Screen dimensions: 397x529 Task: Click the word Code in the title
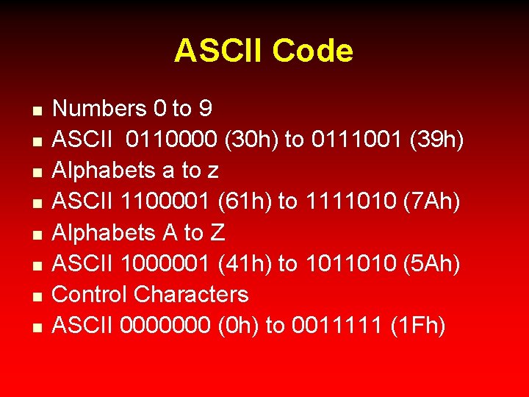(312, 51)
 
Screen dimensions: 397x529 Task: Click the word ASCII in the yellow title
(219, 51)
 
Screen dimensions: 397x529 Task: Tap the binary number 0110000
(168, 140)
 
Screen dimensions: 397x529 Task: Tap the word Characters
(192, 295)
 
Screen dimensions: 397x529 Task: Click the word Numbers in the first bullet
(100, 109)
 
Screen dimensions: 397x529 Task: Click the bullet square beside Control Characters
(35, 296)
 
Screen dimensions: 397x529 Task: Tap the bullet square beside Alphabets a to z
(35, 172)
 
